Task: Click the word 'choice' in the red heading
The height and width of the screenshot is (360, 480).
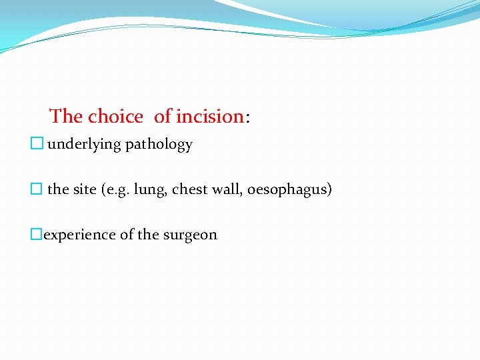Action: (x=115, y=117)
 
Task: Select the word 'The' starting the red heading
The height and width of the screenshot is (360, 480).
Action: (x=66, y=117)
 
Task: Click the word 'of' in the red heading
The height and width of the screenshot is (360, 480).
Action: (x=163, y=117)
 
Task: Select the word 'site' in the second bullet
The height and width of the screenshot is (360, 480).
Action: (x=85, y=189)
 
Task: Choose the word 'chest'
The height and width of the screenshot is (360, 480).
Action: (x=190, y=189)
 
